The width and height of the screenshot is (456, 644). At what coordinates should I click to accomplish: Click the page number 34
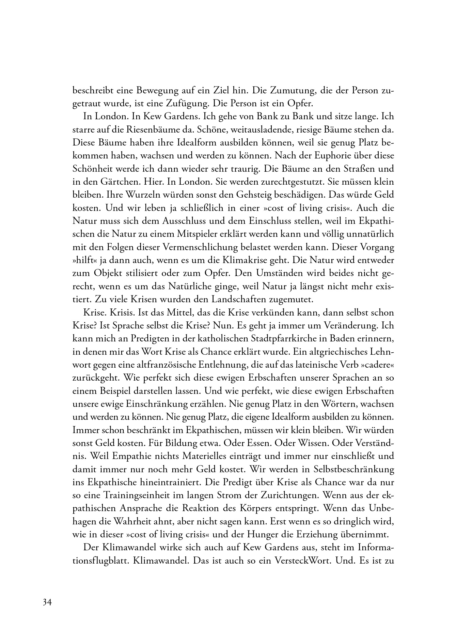click(x=47, y=602)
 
